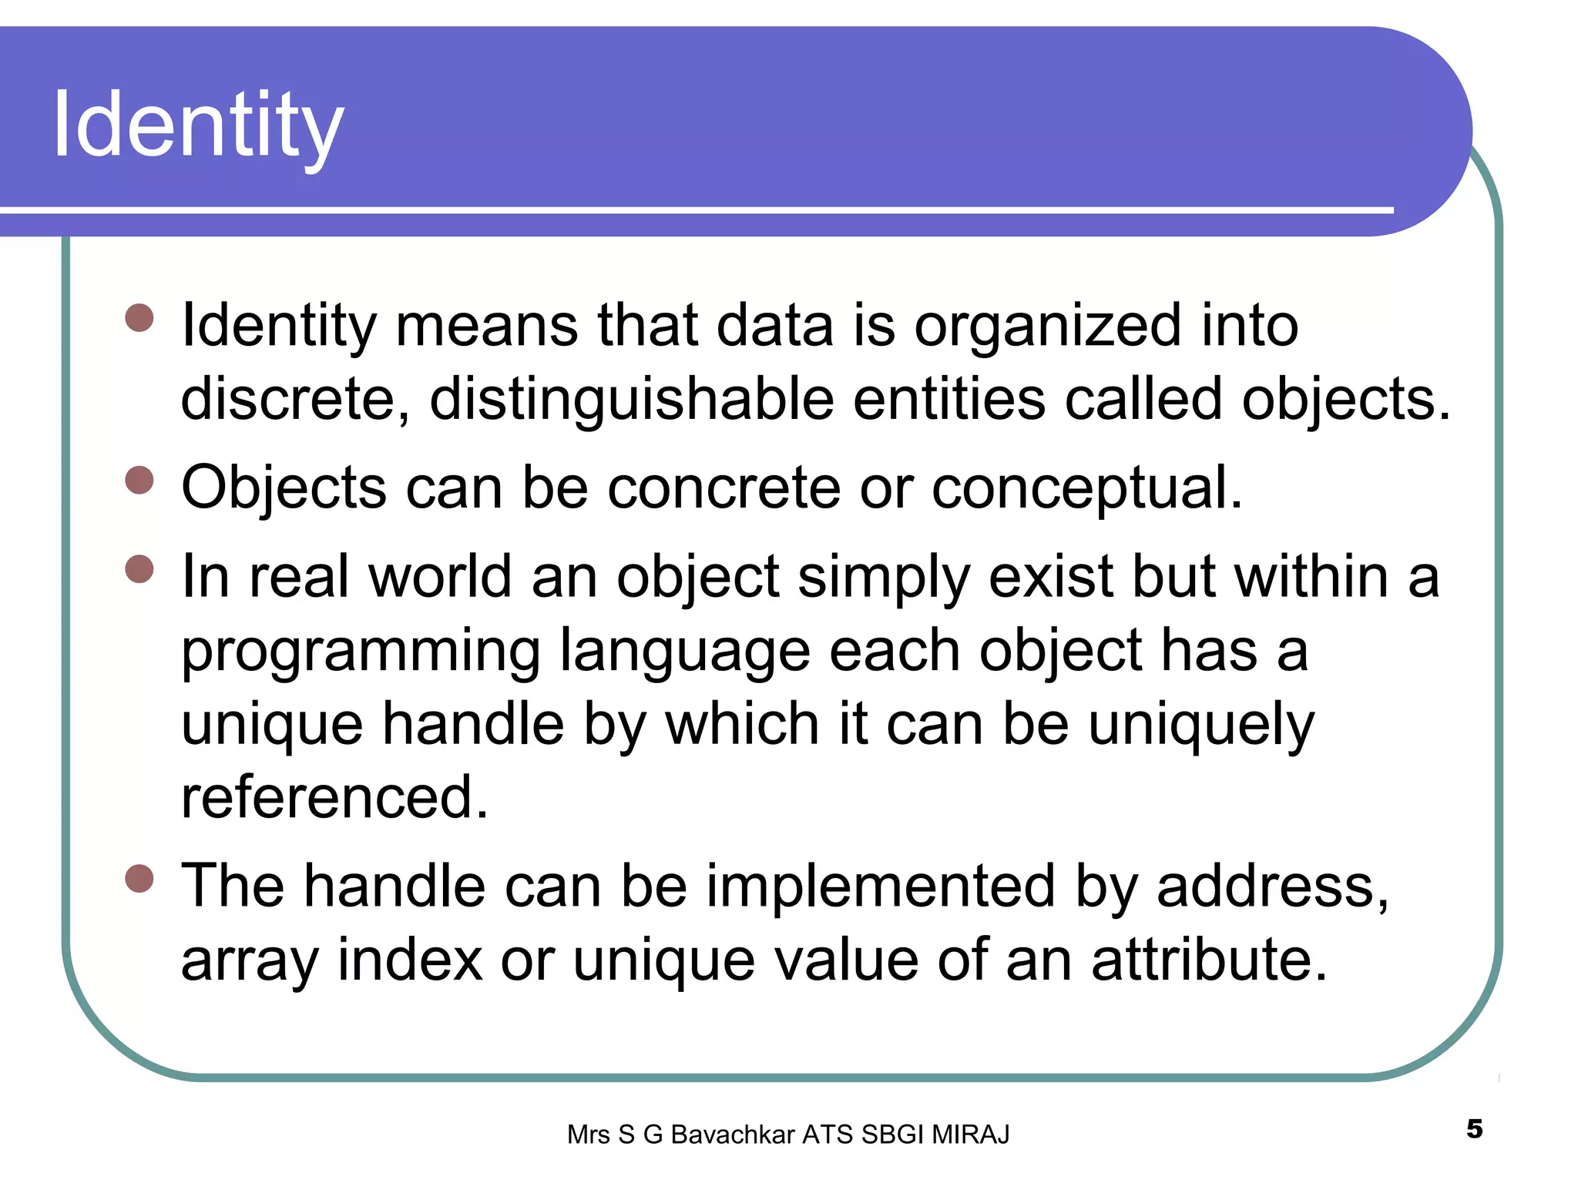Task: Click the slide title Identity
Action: [198, 126]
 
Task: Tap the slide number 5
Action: [1474, 1129]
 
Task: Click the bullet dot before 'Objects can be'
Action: [139, 481]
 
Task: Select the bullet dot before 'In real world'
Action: [139, 570]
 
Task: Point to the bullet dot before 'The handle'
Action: [139, 879]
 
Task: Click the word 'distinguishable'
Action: [631, 400]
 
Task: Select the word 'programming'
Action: [361, 652]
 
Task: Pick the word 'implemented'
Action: [880, 886]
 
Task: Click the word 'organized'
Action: [1047, 326]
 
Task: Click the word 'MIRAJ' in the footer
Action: [970, 1134]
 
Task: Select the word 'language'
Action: [684, 652]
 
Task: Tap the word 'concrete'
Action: [724, 488]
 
